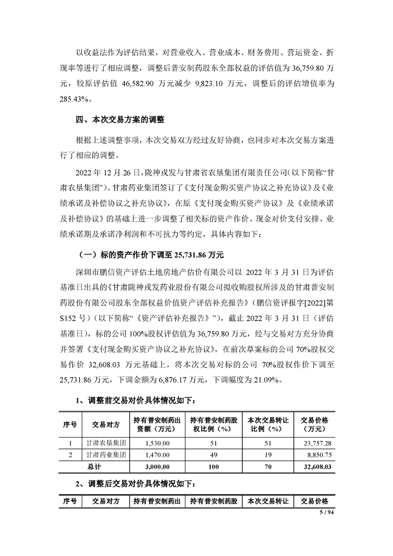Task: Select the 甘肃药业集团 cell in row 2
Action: pos(106,454)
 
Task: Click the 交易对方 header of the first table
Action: pos(106,425)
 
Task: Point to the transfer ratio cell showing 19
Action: pos(268,454)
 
